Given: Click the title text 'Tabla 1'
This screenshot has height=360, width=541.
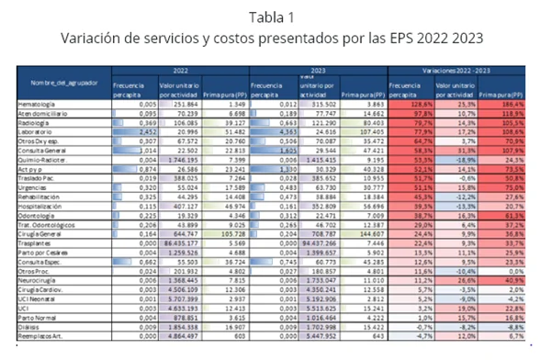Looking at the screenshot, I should [x=270, y=16].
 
